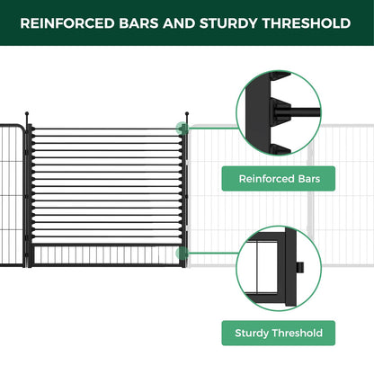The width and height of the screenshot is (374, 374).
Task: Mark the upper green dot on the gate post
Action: click(185, 128)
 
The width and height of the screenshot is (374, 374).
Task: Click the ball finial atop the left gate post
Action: click(29, 114)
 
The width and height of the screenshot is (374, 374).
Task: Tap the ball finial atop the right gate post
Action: click(186, 113)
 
